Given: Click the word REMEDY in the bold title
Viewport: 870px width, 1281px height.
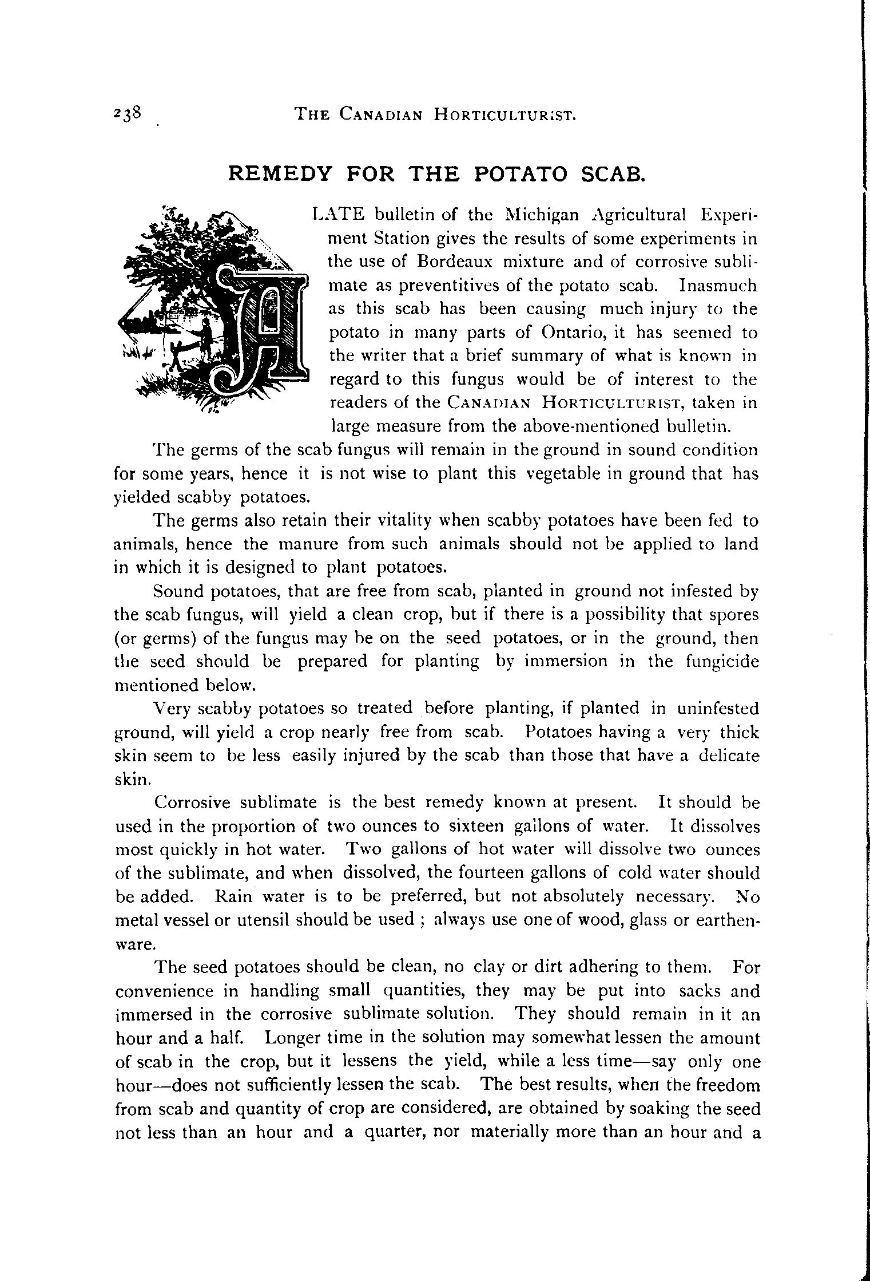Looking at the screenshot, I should click(x=280, y=173).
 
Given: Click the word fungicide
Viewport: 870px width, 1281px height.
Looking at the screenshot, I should click(x=721, y=661).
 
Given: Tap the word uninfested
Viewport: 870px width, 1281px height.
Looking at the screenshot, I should click(x=718, y=709).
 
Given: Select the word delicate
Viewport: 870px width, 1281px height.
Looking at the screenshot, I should click(x=727, y=756).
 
